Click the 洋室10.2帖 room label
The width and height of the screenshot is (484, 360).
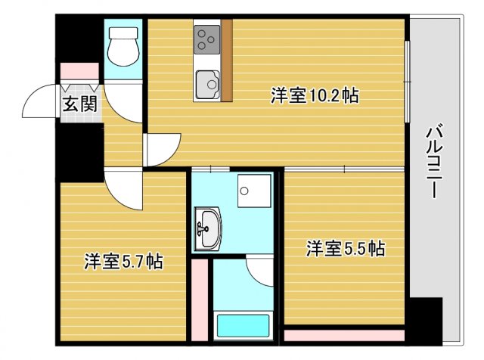315,96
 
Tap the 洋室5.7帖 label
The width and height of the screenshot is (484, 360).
123,262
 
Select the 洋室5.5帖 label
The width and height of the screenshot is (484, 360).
345,247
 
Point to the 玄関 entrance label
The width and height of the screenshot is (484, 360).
79,104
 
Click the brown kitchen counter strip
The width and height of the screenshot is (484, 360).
226,61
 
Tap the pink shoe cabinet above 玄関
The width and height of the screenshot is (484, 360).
79,70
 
